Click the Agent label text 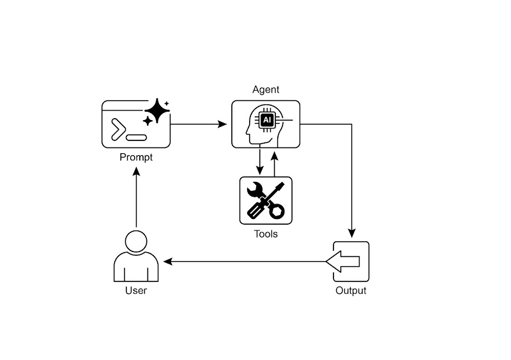[266, 90]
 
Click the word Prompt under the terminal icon [136, 157]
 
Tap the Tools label [266, 234]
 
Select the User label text [135, 290]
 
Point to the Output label [351, 290]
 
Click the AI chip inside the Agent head [268, 119]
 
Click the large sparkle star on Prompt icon [156, 114]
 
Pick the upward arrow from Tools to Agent [274, 163]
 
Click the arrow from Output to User [246, 261]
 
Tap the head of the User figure [136, 243]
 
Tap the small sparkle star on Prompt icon [167, 103]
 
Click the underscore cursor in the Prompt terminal [137, 137]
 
